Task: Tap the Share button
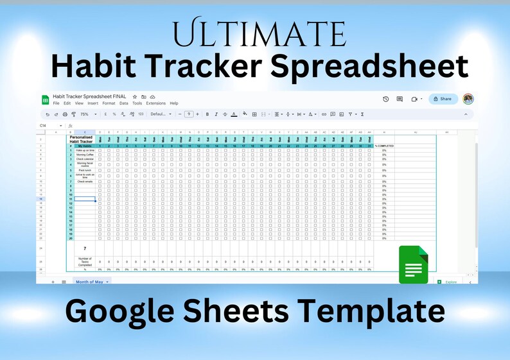pos(443,99)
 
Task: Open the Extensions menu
pos(155,103)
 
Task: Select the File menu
pos(57,103)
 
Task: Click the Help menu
pos(173,103)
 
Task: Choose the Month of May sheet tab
pos(90,282)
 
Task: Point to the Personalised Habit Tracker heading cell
pos(82,139)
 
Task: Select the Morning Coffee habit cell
pos(84,155)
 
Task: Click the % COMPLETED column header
pos(384,146)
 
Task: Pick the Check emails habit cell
pos(84,182)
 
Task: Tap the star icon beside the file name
pos(135,97)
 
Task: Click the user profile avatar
pos(468,99)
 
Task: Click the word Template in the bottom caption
pos(381,313)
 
